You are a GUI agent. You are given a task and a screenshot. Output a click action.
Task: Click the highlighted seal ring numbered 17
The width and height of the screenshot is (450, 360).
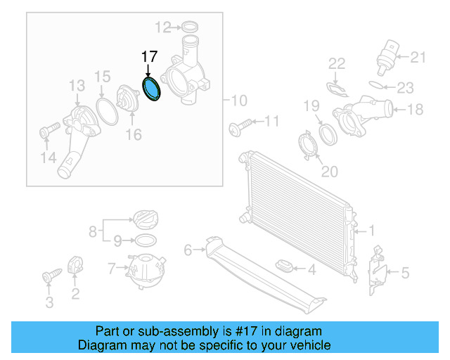[x=151, y=90]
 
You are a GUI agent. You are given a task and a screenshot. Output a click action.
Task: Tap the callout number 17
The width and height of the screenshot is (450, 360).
[x=149, y=58]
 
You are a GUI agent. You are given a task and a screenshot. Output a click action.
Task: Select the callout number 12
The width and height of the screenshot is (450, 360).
[x=162, y=27]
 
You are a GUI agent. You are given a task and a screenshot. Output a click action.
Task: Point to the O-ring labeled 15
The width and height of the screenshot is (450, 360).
[x=106, y=110]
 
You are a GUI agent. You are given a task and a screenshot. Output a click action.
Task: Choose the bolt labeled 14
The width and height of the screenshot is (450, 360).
[x=49, y=131]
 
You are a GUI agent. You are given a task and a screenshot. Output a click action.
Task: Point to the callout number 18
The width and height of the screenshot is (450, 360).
[x=416, y=109]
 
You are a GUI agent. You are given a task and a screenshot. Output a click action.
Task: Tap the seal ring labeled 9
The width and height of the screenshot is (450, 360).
[x=145, y=240]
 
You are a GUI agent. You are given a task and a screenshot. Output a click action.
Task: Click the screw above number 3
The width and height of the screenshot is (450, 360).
[x=49, y=276]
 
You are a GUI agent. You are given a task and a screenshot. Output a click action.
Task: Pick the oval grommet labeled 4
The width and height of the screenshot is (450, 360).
[x=284, y=268]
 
